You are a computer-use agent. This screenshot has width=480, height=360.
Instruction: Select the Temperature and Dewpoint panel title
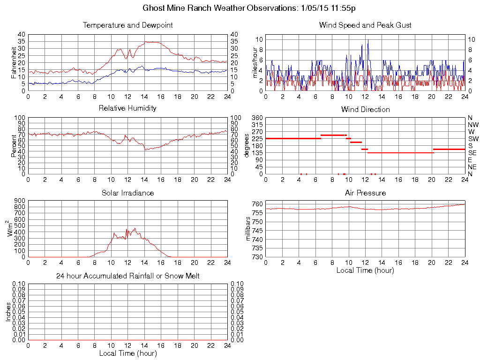[x=127, y=25]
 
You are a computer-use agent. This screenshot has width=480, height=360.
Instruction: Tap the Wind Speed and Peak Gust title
[x=365, y=25]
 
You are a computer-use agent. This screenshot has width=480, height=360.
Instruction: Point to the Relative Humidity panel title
[x=127, y=108]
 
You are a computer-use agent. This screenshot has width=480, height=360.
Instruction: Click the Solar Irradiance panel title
[x=127, y=193]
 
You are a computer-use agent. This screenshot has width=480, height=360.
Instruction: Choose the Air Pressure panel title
[x=365, y=193]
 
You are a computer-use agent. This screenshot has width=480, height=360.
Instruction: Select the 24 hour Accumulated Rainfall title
[x=127, y=276]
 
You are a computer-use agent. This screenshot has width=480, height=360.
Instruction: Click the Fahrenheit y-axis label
[x=14, y=62]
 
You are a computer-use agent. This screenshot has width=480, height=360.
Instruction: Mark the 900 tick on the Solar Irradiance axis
[x=19, y=201]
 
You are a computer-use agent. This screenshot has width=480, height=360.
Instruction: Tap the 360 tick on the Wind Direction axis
[x=257, y=118]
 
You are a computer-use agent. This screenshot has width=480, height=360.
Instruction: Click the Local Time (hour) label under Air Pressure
[x=365, y=270]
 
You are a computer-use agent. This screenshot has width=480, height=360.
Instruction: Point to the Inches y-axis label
[x=8, y=312]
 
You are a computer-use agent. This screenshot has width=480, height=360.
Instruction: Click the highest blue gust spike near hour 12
[x=368, y=40]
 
